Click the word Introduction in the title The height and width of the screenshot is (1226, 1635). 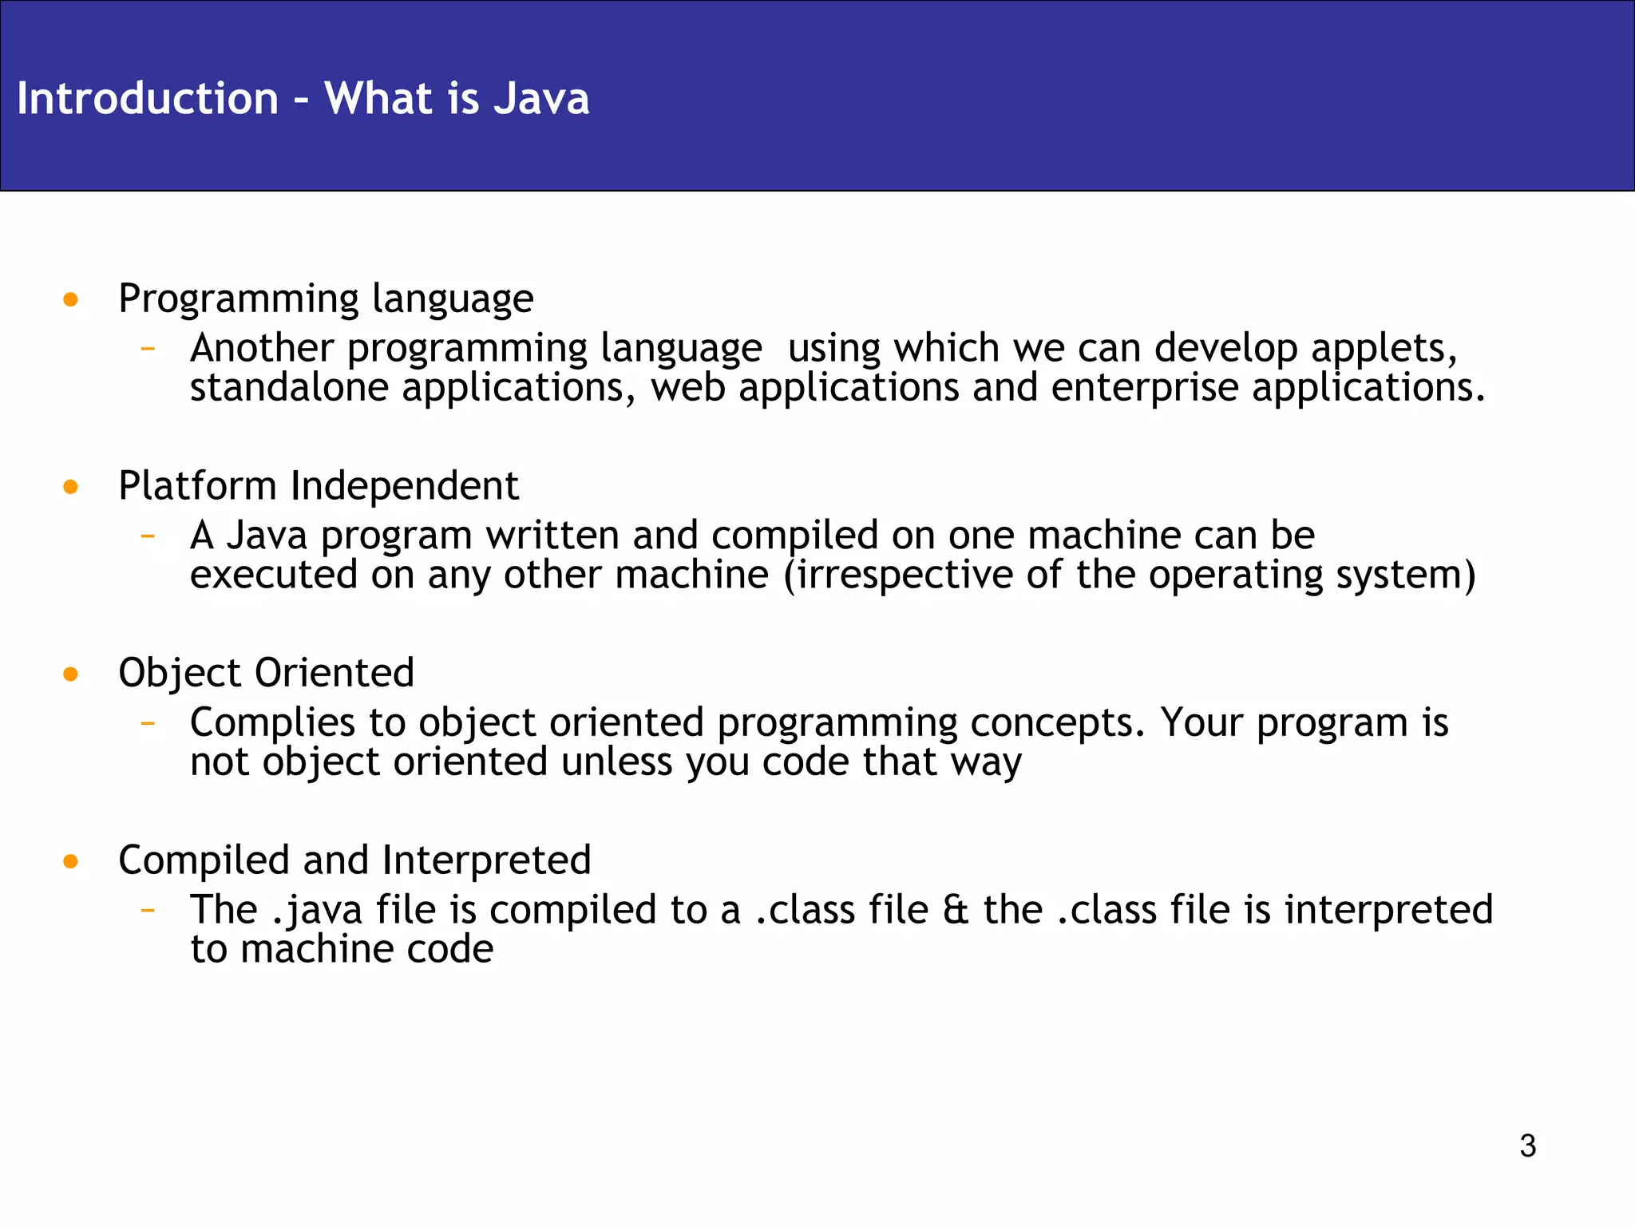[148, 99]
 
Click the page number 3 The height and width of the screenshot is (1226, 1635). [1527, 1146]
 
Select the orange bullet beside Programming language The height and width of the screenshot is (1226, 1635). [71, 300]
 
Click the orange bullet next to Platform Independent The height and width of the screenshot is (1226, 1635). [71, 487]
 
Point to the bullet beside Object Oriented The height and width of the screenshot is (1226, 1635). [71, 674]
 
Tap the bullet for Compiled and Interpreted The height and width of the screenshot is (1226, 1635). [71, 861]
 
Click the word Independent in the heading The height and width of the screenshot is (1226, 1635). [404, 486]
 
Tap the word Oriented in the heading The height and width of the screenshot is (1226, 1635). [334, 673]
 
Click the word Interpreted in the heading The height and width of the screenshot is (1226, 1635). [486, 860]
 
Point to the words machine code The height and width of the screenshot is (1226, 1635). [366, 950]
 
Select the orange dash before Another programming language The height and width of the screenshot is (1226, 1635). [147, 349]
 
